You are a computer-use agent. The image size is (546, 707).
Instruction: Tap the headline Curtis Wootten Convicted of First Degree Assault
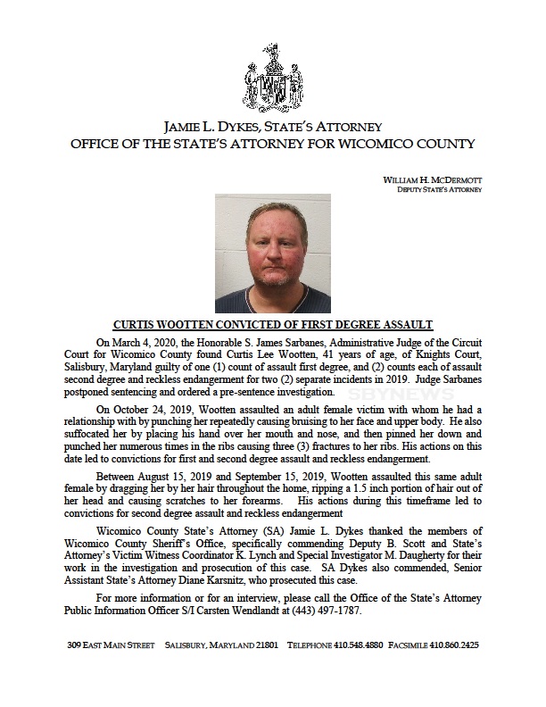273,325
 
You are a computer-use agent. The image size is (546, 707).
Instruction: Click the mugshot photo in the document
273,254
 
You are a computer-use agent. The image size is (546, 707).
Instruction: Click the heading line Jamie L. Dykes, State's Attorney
273,126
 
